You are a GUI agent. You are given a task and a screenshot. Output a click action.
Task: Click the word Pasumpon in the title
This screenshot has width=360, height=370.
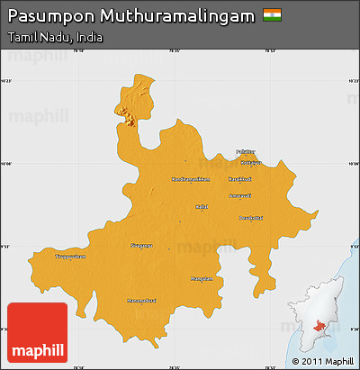[x=49, y=17]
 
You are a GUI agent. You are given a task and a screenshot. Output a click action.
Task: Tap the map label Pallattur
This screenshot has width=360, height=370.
[x=246, y=151]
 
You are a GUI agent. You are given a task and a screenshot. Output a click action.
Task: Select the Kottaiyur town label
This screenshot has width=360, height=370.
[x=250, y=163]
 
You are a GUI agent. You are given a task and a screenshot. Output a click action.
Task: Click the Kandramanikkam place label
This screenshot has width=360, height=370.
[x=191, y=179]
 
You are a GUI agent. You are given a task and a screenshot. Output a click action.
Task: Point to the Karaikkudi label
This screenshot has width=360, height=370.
[x=239, y=179]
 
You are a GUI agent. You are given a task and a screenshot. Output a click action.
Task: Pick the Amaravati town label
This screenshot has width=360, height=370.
[x=239, y=194]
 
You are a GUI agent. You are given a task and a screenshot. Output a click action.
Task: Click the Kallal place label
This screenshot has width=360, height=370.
[x=202, y=206]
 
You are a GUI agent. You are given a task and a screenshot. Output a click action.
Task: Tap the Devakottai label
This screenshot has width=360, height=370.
[x=248, y=217]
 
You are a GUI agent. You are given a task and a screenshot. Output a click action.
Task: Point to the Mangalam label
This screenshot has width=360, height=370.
[x=202, y=278]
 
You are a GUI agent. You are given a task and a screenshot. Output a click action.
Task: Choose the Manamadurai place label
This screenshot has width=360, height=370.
[x=142, y=300]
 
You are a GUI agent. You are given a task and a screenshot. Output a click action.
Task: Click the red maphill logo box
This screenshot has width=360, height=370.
[x=37, y=333]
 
